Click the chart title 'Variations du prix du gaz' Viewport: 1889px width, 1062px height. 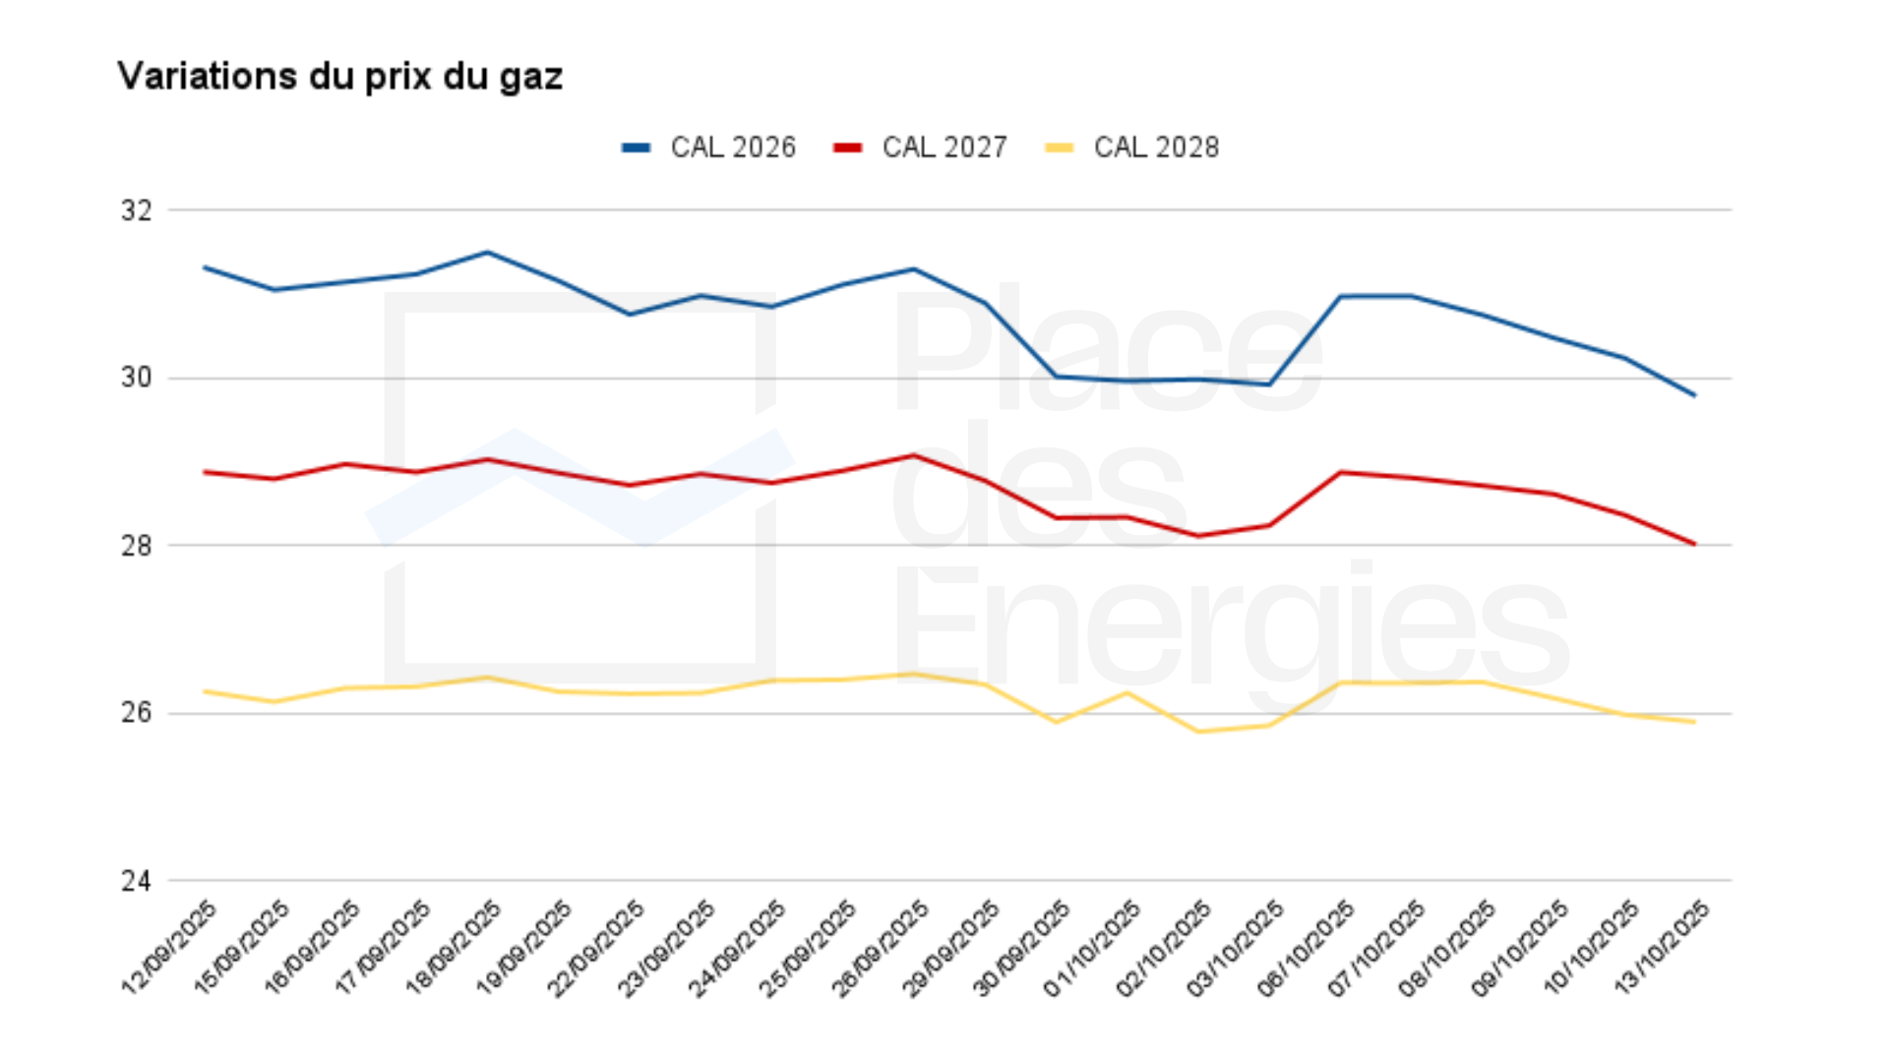(x=339, y=77)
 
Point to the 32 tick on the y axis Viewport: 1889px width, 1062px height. (x=137, y=210)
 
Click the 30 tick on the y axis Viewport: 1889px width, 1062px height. (x=137, y=378)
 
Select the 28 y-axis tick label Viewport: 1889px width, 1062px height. (x=137, y=546)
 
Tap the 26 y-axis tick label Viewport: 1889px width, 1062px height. (x=137, y=713)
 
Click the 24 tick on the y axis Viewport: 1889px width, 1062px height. (x=137, y=881)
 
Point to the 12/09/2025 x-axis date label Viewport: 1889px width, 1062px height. (x=169, y=946)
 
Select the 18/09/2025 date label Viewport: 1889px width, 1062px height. (x=454, y=946)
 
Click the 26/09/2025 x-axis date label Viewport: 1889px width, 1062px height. (x=881, y=946)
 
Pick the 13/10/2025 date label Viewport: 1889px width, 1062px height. (x=1663, y=946)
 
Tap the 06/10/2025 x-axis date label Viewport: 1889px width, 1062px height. (x=1307, y=946)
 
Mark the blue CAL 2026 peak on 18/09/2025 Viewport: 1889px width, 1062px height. (x=487, y=253)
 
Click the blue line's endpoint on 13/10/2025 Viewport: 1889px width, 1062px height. (x=1694, y=395)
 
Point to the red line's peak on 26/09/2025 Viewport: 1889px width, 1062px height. (x=914, y=455)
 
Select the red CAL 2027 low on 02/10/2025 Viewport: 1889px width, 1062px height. (x=1198, y=536)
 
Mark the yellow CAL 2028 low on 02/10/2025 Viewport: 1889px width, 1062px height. (x=1198, y=732)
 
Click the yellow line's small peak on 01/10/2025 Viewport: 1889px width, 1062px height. (x=1127, y=693)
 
